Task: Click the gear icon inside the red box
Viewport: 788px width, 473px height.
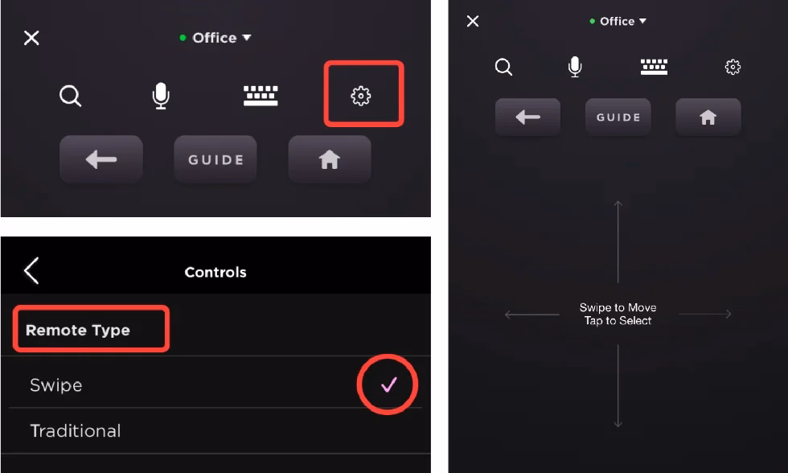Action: point(361,96)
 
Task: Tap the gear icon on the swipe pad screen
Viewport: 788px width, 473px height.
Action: point(733,68)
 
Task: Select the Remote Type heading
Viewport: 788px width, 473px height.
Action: point(78,331)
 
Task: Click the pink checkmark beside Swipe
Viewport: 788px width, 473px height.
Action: point(389,385)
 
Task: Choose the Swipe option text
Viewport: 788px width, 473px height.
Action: point(56,385)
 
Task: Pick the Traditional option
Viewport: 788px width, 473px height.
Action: point(76,431)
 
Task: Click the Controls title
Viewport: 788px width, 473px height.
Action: point(215,272)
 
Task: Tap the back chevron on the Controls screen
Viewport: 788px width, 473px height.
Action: point(31,272)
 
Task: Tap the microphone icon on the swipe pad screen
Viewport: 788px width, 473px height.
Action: point(575,68)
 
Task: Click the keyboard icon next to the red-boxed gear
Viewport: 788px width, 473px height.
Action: point(261,96)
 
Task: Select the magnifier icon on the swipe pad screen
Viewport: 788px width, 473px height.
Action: point(503,68)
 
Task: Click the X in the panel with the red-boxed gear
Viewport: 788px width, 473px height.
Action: point(31,38)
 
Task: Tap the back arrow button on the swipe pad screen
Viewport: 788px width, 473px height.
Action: point(527,117)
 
